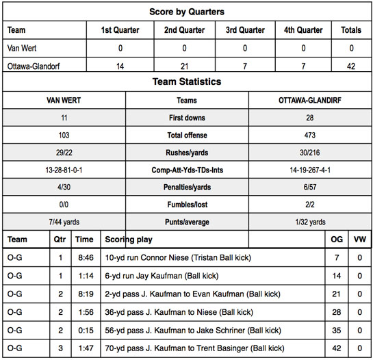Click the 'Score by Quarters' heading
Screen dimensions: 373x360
tap(187, 12)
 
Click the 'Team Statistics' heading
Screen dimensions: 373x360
tap(187, 81)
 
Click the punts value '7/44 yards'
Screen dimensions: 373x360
tap(64, 222)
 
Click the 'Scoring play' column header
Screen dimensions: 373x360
tap(129, 240)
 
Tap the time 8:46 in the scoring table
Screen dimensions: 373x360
tap(83, 258)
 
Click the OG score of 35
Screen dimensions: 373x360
tap(337, 329)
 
